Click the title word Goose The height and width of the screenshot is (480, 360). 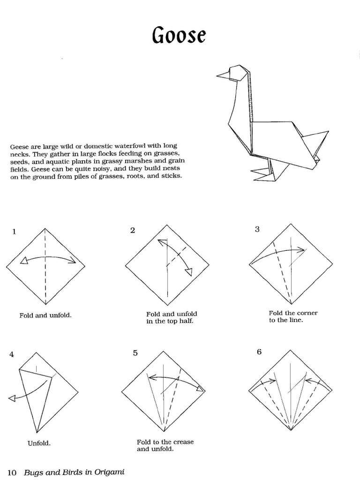[x=179, y=35]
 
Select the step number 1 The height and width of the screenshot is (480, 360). [x=14, y=231]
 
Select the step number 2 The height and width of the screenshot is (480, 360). [x=133, y=230]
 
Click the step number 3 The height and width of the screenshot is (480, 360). [x=257, y=229]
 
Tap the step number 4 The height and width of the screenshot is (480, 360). [x=12, y=354]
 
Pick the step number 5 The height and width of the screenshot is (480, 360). [x=135, y=353]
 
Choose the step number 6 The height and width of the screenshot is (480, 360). [x=259, y=352]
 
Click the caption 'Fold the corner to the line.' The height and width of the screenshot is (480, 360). [x=293, y=316]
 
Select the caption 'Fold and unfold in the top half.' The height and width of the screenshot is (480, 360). [x=172, y=317]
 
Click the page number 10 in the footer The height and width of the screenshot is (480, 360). [x=13, y=472]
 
